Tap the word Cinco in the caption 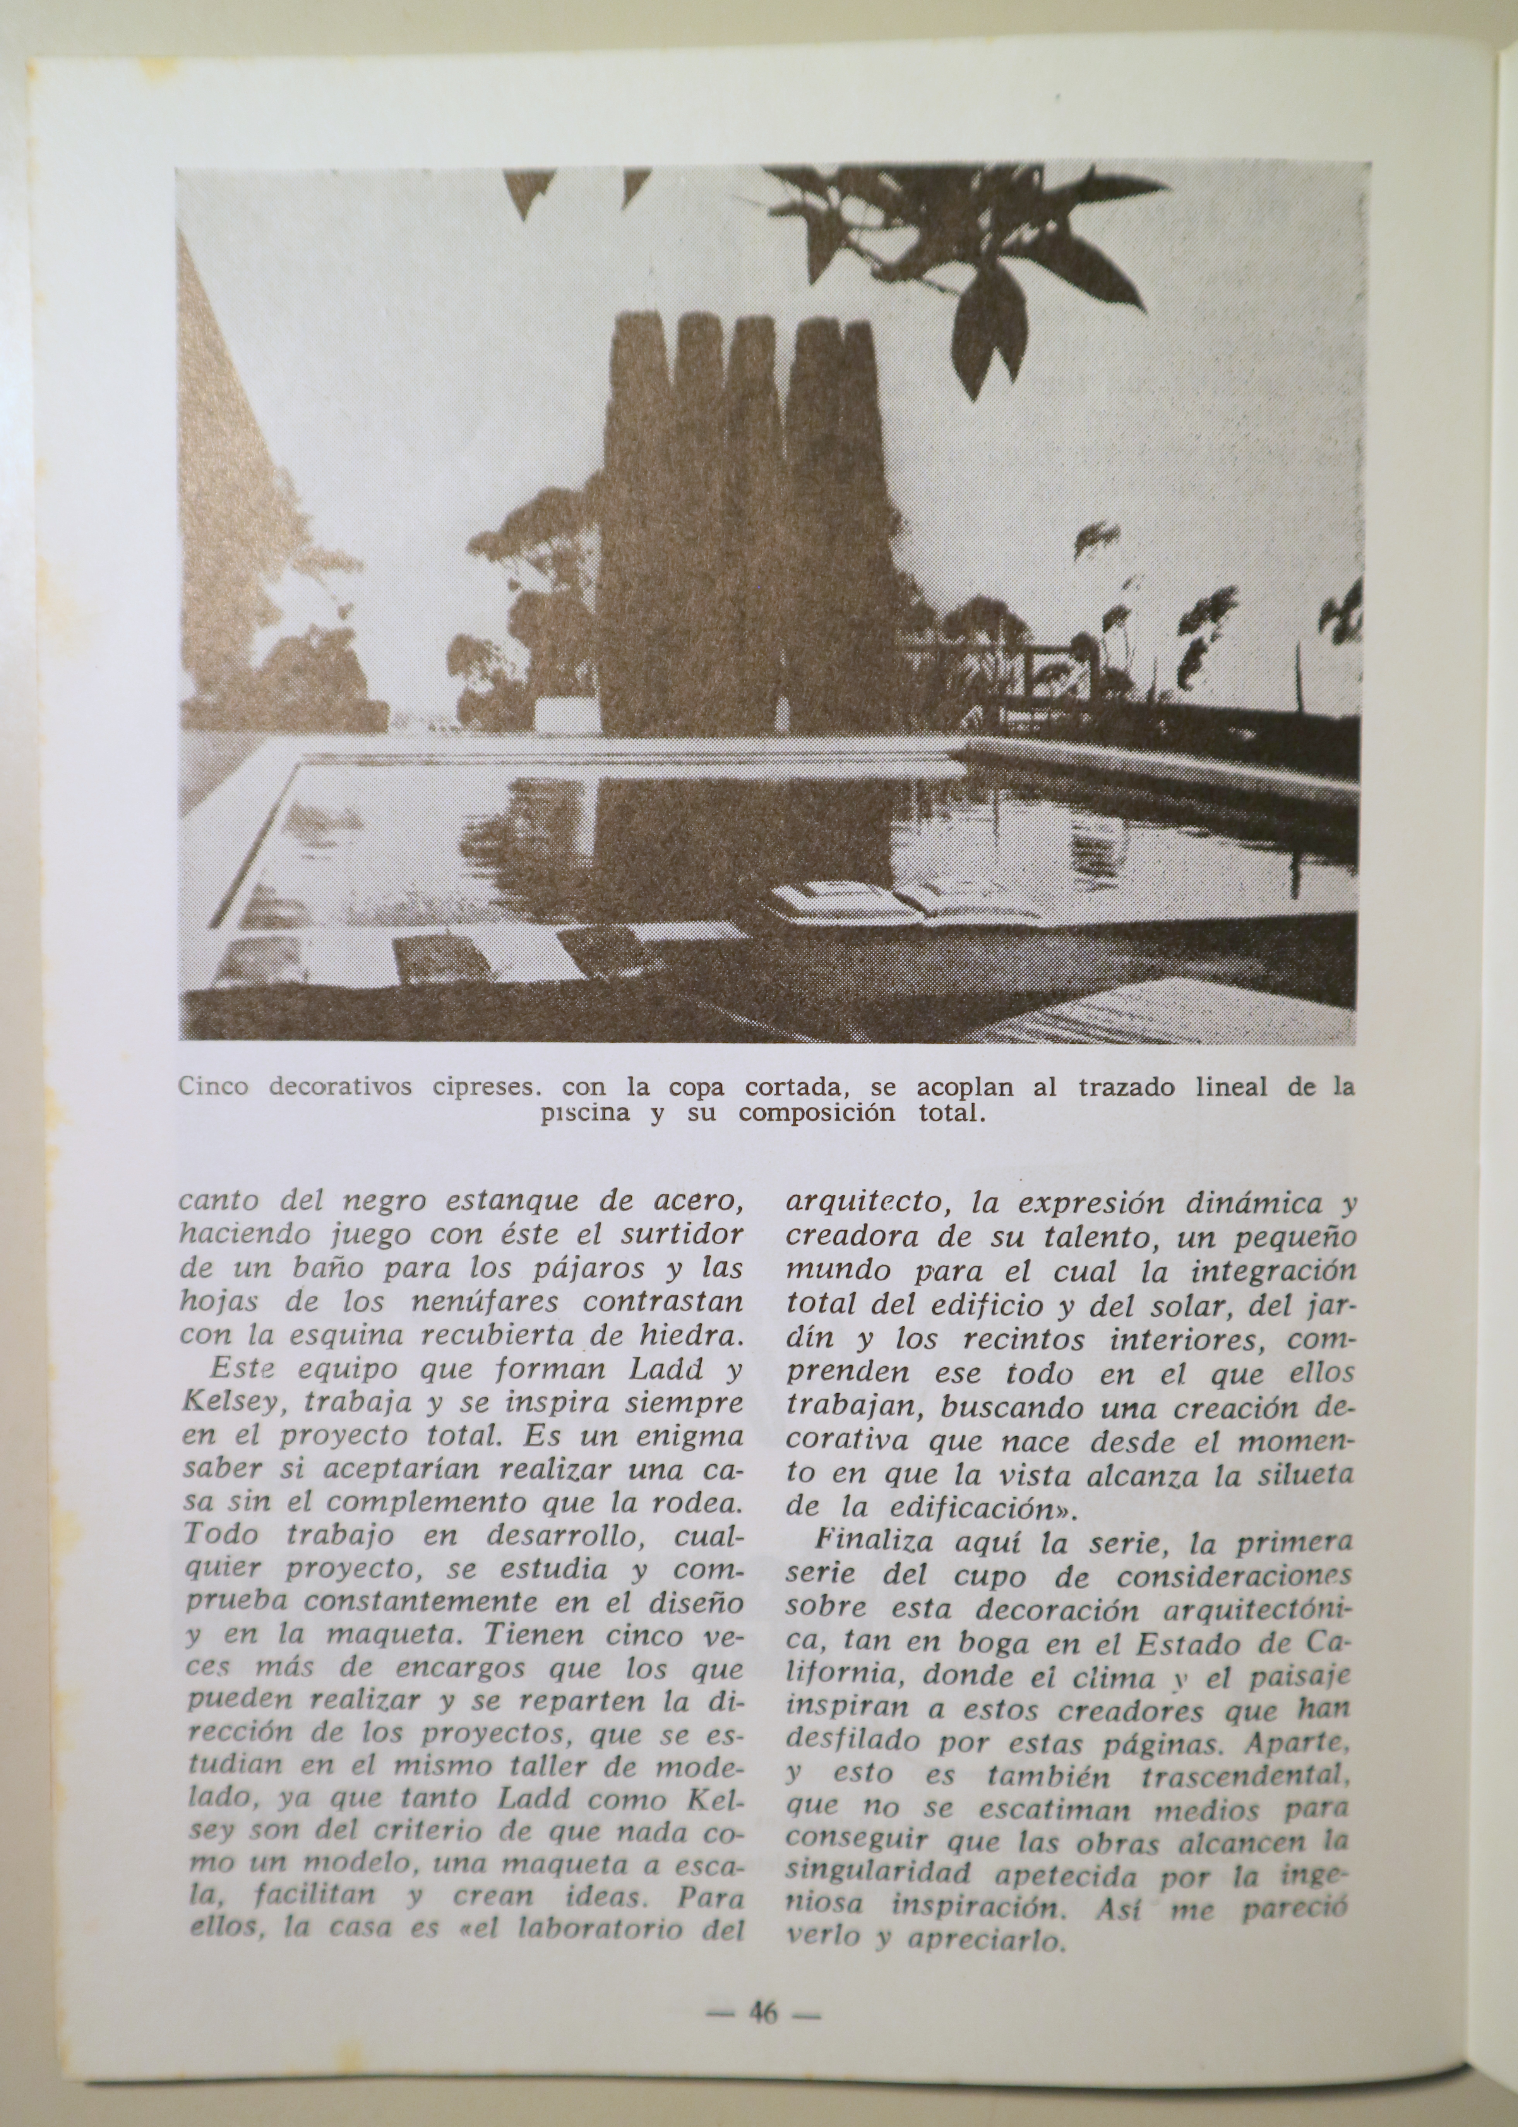click(213, 1088)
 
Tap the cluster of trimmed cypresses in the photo click(738, 523)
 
